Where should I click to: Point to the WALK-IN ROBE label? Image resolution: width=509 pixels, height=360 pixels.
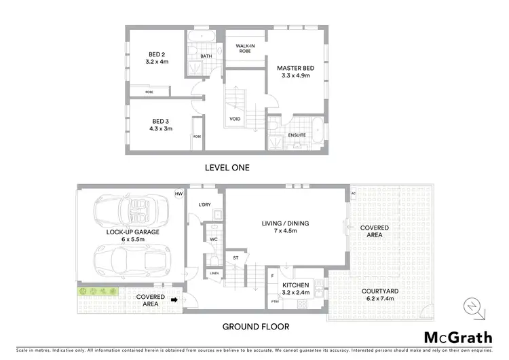(245, 48)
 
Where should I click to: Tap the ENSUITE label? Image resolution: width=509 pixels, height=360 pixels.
(297, 135)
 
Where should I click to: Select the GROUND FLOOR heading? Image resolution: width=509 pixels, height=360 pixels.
(256, 327)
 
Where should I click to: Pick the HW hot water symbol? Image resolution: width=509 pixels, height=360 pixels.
(179, 194)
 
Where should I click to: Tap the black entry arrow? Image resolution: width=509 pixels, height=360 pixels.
(174, 299)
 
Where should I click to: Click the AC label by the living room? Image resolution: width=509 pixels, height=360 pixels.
(354, 193)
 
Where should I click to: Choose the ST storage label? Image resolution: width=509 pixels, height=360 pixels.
(235, 257)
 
